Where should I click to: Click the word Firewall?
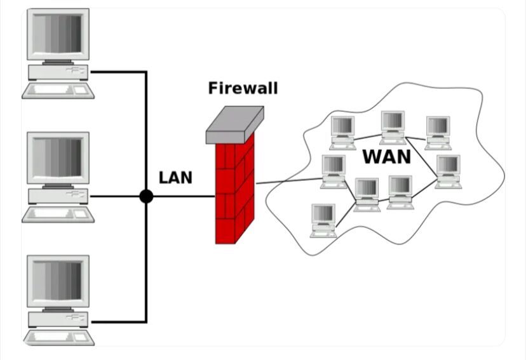243,88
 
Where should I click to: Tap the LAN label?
175,178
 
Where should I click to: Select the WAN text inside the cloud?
387,157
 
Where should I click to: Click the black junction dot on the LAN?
146,196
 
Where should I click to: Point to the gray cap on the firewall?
234,124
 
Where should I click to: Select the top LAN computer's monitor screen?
57,34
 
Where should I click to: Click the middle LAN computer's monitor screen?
57,157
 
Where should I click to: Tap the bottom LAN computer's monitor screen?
57,281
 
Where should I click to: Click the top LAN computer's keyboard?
58,91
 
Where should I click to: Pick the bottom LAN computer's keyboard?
58,338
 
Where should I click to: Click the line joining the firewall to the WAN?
289,181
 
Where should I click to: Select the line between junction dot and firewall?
184,196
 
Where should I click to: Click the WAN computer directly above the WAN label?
393,128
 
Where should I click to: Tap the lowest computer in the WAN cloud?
323,220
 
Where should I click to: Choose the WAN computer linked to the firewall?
334,171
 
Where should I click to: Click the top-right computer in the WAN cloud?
438,133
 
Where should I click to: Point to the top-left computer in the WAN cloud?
342,133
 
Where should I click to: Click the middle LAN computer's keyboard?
58,215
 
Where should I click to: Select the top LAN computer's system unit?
58,72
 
